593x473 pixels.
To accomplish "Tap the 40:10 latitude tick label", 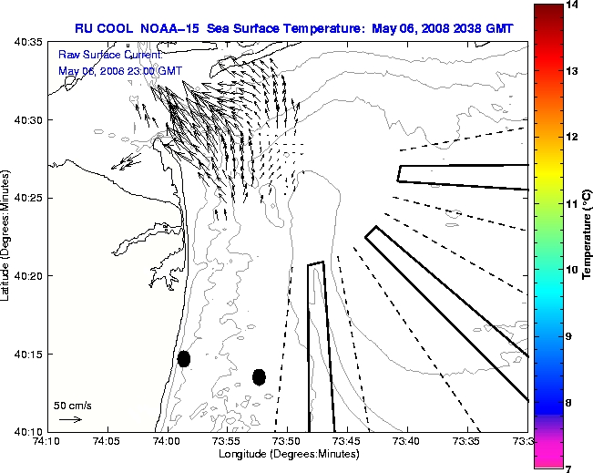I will click(x=27, y=431).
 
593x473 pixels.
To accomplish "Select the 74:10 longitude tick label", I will click(x=47, y=441).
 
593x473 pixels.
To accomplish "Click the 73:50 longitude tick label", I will click(x=287, y=441).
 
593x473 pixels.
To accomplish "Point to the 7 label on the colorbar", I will click(x=572, y=468).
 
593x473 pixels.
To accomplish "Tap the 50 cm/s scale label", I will click(x=73, y=406).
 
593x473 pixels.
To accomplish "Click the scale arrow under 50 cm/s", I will click(x=70, y=419).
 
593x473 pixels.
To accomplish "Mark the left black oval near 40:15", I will click(x=184, y=358).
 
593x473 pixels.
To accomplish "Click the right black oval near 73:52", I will click(x=259, y=376).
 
